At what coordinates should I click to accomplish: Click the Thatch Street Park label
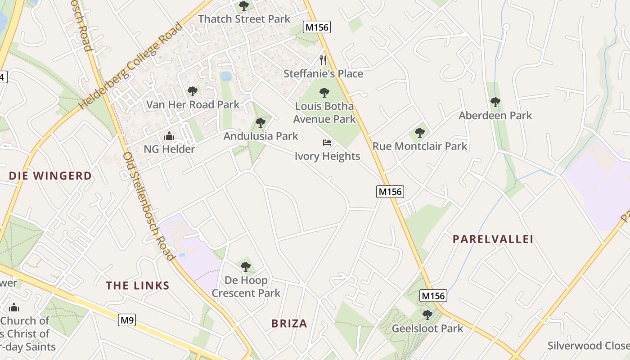[244, 19]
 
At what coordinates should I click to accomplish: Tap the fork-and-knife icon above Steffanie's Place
[323, 60]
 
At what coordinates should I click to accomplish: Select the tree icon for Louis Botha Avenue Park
[324, 93]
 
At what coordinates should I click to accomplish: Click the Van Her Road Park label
[193, 105]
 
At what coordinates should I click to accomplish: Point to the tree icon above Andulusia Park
[260, 122]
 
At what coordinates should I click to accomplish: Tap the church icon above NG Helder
[169, 136]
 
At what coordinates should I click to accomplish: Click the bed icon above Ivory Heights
[327, 143]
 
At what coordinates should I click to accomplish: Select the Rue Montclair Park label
[420, 146]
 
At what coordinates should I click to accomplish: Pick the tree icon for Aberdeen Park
[495, 102]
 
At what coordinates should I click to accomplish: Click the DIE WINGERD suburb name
[50, 176]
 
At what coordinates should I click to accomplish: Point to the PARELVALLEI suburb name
[493, 239]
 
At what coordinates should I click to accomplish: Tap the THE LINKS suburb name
[138, 286]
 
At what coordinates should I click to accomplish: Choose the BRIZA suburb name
[289, 324]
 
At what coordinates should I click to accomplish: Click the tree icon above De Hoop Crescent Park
[245, 267]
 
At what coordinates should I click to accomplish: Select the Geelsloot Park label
[427, 328]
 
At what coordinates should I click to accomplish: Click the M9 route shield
[127, 320]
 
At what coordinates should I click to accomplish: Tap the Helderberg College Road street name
[131, 66]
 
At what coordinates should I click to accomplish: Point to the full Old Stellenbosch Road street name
[149, 206]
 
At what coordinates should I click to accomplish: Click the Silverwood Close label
[588, 346]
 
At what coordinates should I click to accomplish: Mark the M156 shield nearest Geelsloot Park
[433, 296]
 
